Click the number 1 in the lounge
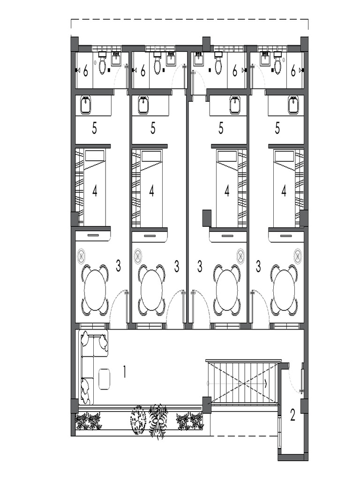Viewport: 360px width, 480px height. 125,372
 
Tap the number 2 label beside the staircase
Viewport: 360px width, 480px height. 292,415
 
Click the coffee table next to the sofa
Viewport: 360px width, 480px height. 104,378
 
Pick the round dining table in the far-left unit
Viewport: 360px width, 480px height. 95,291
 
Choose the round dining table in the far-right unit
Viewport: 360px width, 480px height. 284,291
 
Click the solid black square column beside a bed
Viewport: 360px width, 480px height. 207,218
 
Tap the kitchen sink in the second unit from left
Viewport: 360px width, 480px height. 143,105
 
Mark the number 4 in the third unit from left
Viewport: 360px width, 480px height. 227,191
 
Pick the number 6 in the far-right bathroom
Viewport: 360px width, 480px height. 293,71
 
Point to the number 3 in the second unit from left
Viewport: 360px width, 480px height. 176,267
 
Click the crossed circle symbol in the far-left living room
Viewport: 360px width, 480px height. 82,256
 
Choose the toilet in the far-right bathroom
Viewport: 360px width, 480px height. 277,66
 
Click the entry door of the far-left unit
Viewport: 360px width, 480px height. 119,309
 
